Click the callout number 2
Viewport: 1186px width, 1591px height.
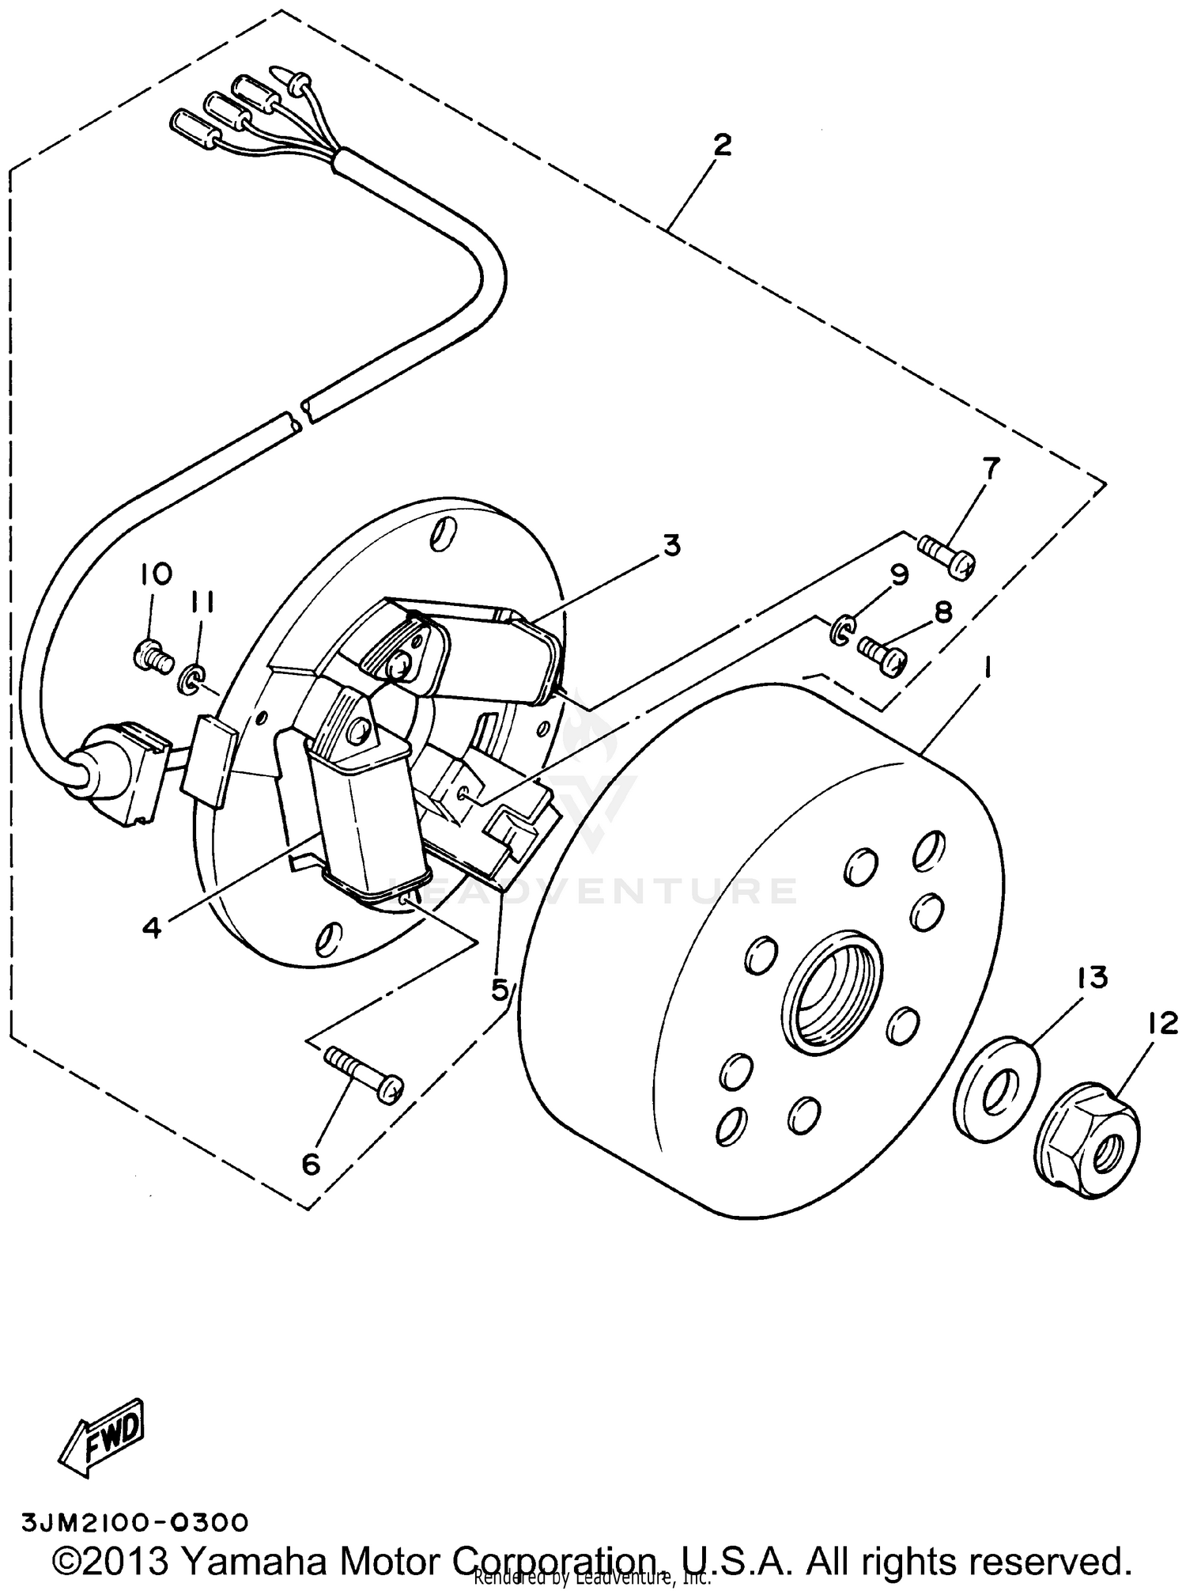(x=721, y=146)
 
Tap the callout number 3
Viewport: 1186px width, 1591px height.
(x=671, y=545)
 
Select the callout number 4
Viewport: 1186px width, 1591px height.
(x=152, y=927)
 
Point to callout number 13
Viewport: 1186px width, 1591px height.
(x=1091, y=978)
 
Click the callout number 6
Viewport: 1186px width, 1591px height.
(x=310, y=1163)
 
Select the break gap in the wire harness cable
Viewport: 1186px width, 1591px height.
(x=303, y=417)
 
